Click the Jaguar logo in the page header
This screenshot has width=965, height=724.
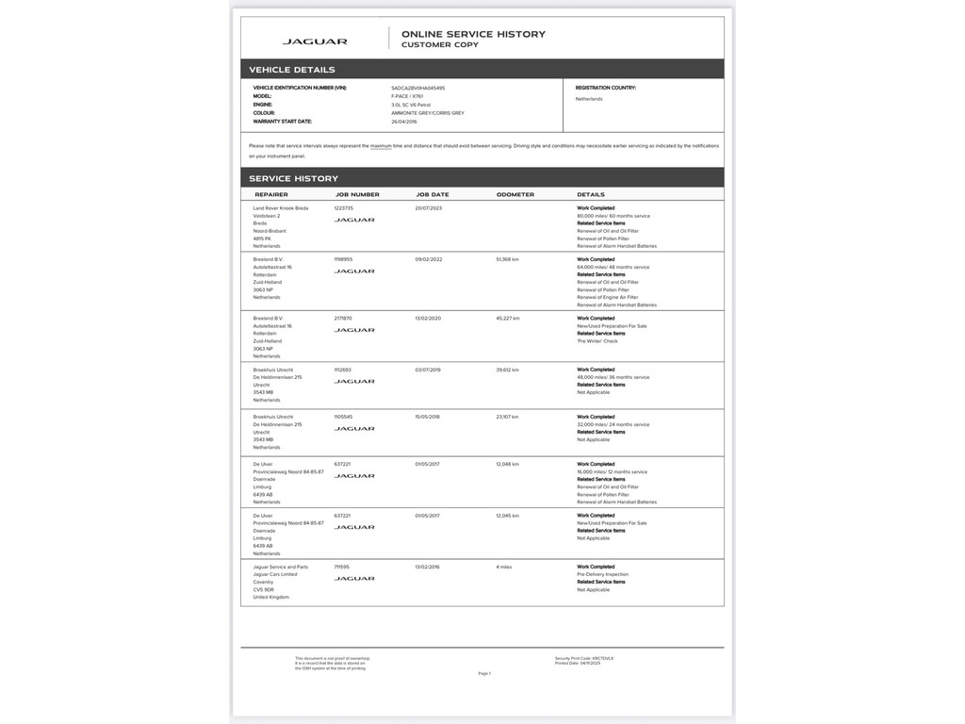[x=315, y=41]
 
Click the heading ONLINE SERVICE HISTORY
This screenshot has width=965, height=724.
[x=473, y=34]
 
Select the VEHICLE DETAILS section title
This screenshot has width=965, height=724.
[x=292, y=70]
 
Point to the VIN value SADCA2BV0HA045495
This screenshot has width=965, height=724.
[x=417, y=88]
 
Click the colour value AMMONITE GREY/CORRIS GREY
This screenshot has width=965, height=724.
[x=427, y=113]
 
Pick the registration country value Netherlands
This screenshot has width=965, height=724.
[x=589, y=99]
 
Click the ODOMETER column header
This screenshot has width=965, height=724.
[x=515, y=194]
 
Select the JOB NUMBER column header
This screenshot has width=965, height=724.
[x=357, y=194]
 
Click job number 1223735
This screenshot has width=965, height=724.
[x=344, y=208]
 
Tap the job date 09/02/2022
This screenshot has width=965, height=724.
[x=429, y=259]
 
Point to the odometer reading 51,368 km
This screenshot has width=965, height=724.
[x=508, y=259]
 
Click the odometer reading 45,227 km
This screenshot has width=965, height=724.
[x=508, y=319]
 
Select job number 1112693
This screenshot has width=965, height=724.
[x=343, y=370]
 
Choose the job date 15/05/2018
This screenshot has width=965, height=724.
[x=429, y=417]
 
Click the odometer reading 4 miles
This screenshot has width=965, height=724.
[x=504, y=567]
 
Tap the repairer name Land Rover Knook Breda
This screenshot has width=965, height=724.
[x=281, y=208]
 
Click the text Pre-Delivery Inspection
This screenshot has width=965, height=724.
[x=602, y=574]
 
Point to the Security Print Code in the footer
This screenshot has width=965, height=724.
[x=584, y=658]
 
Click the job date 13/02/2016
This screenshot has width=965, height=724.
[x=429, y=567]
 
